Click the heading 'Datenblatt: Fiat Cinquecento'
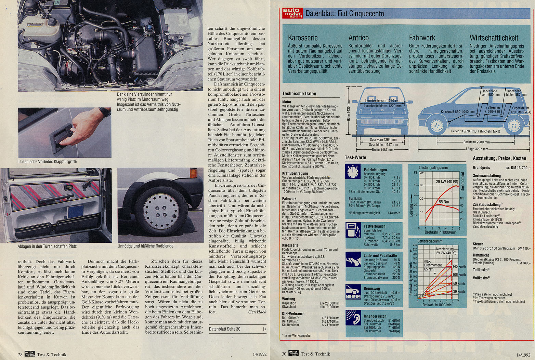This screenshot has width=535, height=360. (344, 14)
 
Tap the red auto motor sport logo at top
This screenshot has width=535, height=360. (292, 13)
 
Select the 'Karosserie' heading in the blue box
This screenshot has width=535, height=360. (303, 38)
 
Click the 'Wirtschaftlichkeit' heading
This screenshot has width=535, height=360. (494, 38)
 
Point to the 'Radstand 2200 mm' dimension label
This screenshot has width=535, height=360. (477, 142)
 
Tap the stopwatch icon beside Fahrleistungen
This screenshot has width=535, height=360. (352, 172)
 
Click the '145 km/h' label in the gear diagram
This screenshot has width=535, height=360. (459, 266)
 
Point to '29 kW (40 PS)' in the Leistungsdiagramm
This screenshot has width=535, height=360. (447, 182)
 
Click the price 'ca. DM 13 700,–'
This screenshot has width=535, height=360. (518, 168)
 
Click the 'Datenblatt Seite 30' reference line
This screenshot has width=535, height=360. (224, 329)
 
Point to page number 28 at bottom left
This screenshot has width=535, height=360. (20, 355)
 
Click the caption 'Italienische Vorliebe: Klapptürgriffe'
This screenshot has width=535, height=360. (48, 161)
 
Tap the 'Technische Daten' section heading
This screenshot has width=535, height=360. (299, 94)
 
